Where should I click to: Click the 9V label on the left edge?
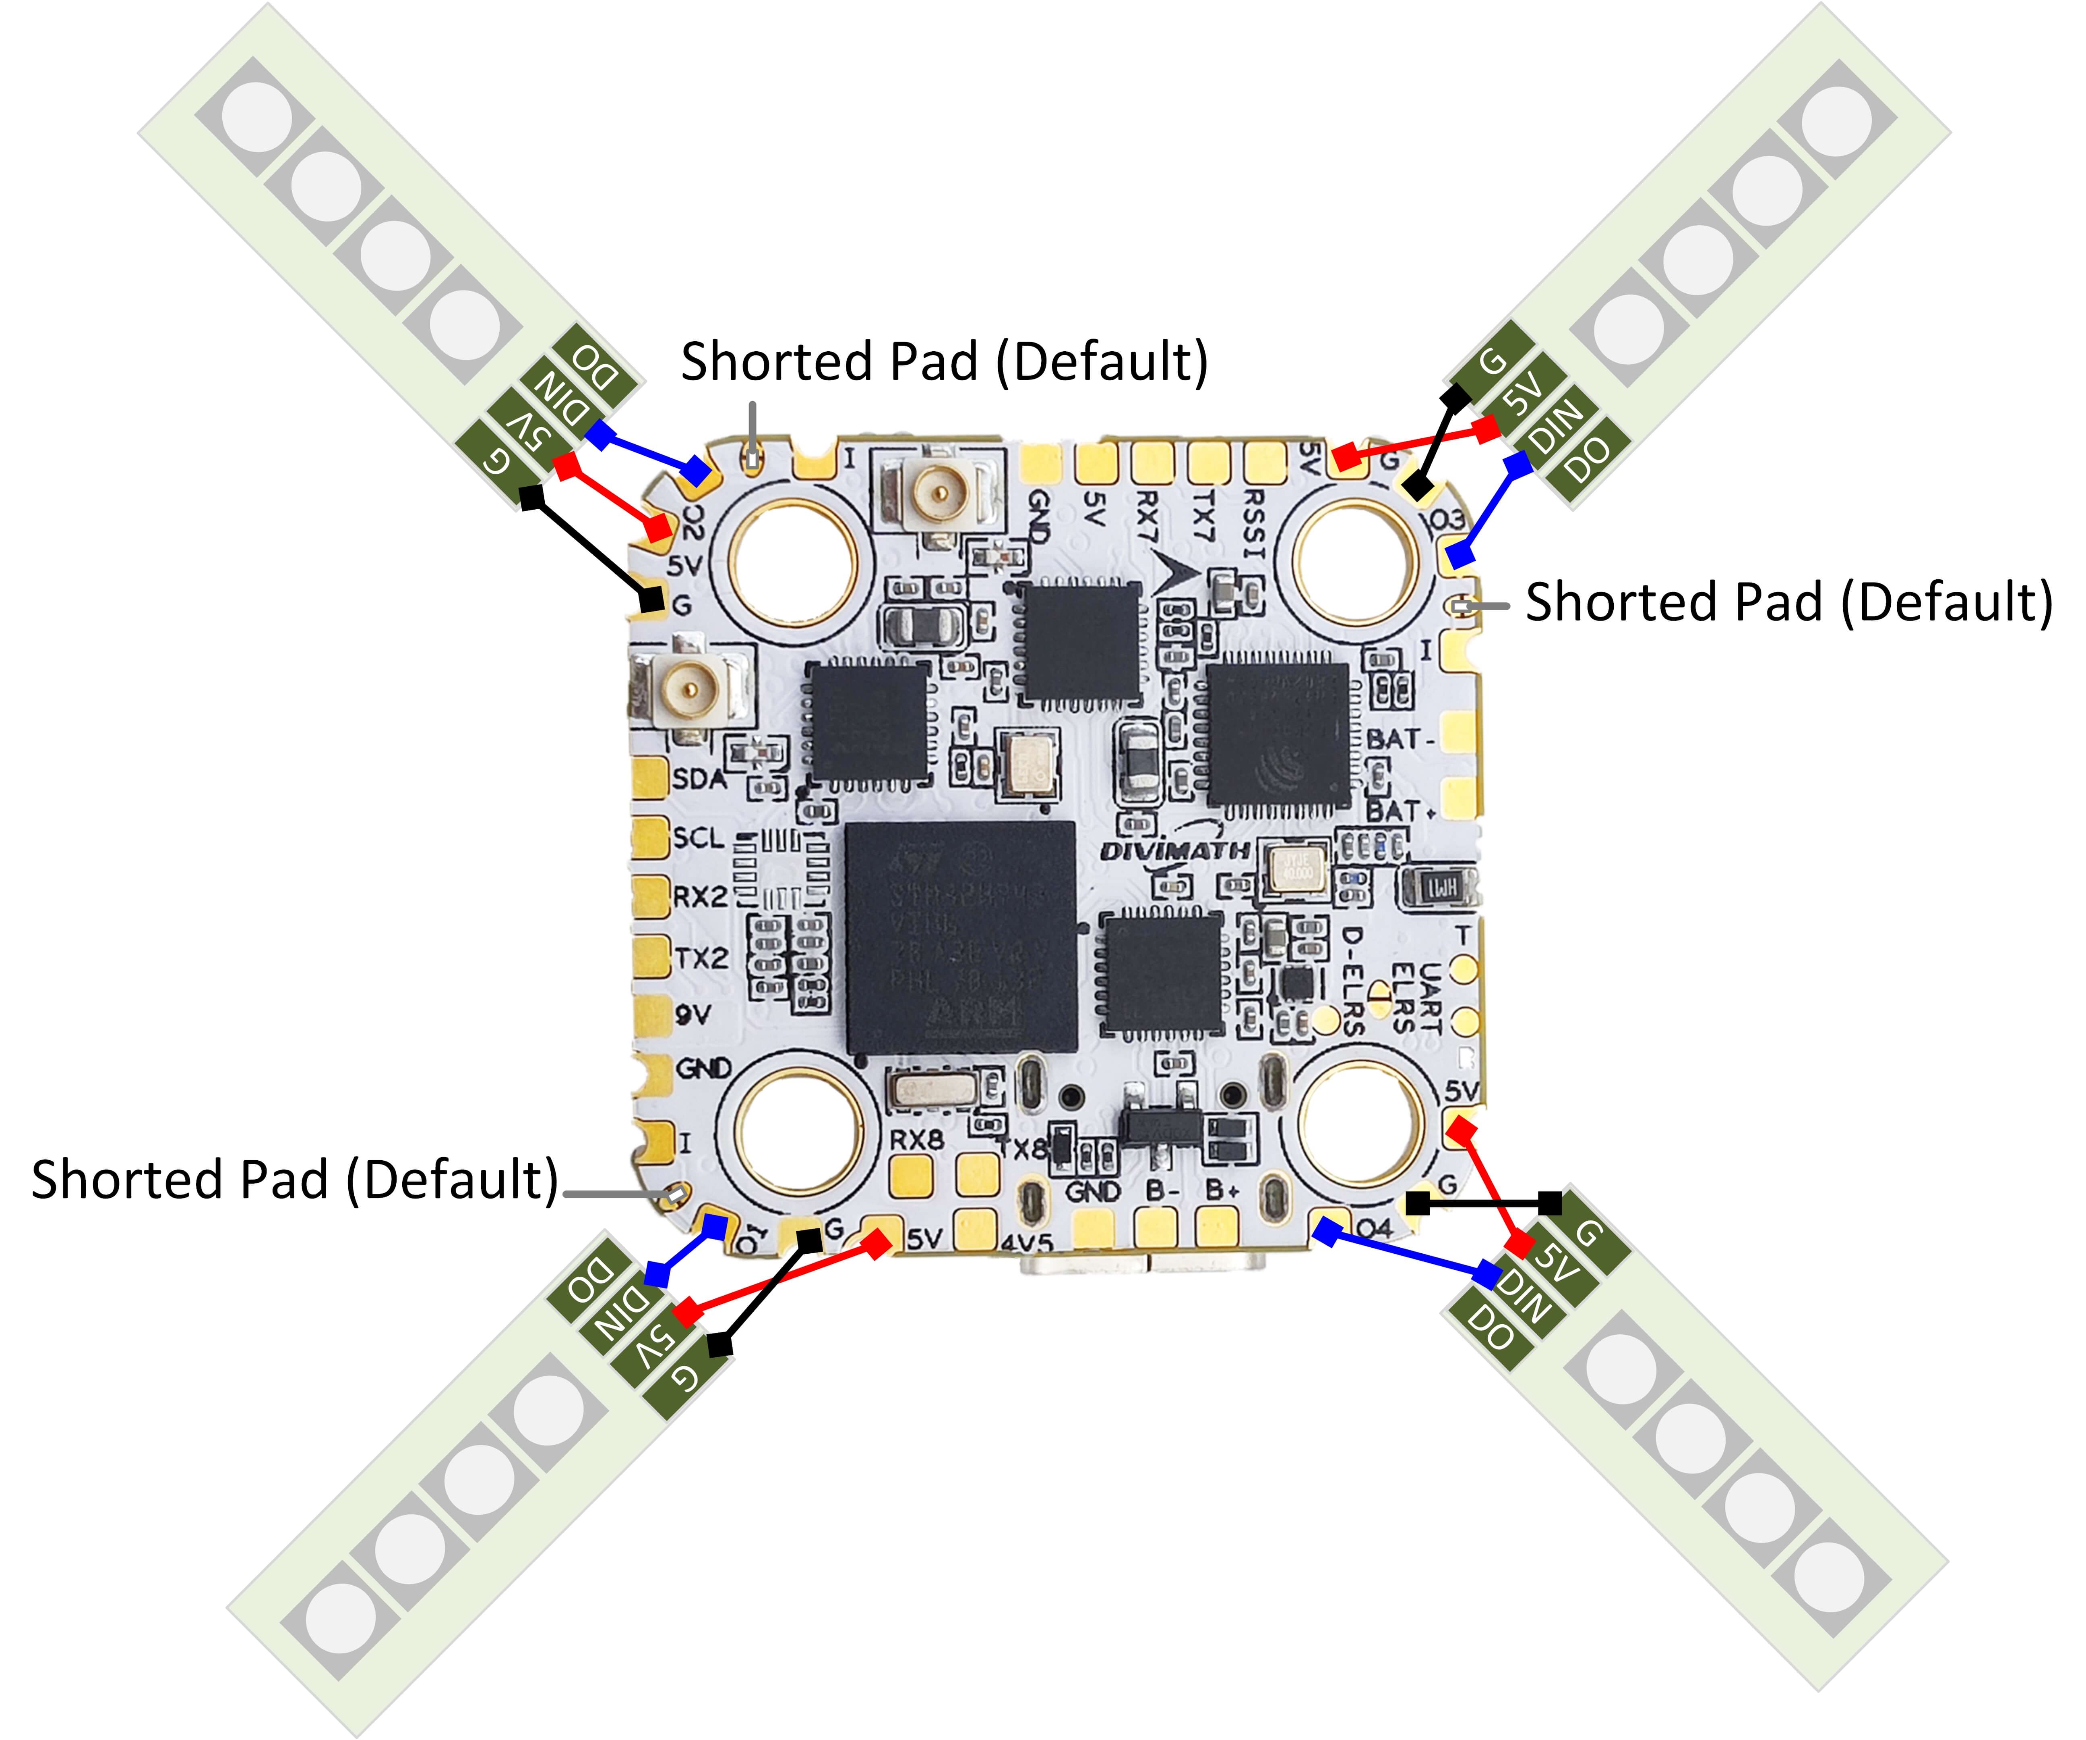coord(693,1014)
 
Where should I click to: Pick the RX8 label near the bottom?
coord(916,1140)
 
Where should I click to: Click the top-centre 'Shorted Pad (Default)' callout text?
coord(944,362)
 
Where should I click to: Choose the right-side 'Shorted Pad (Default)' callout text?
coord(1788,602)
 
